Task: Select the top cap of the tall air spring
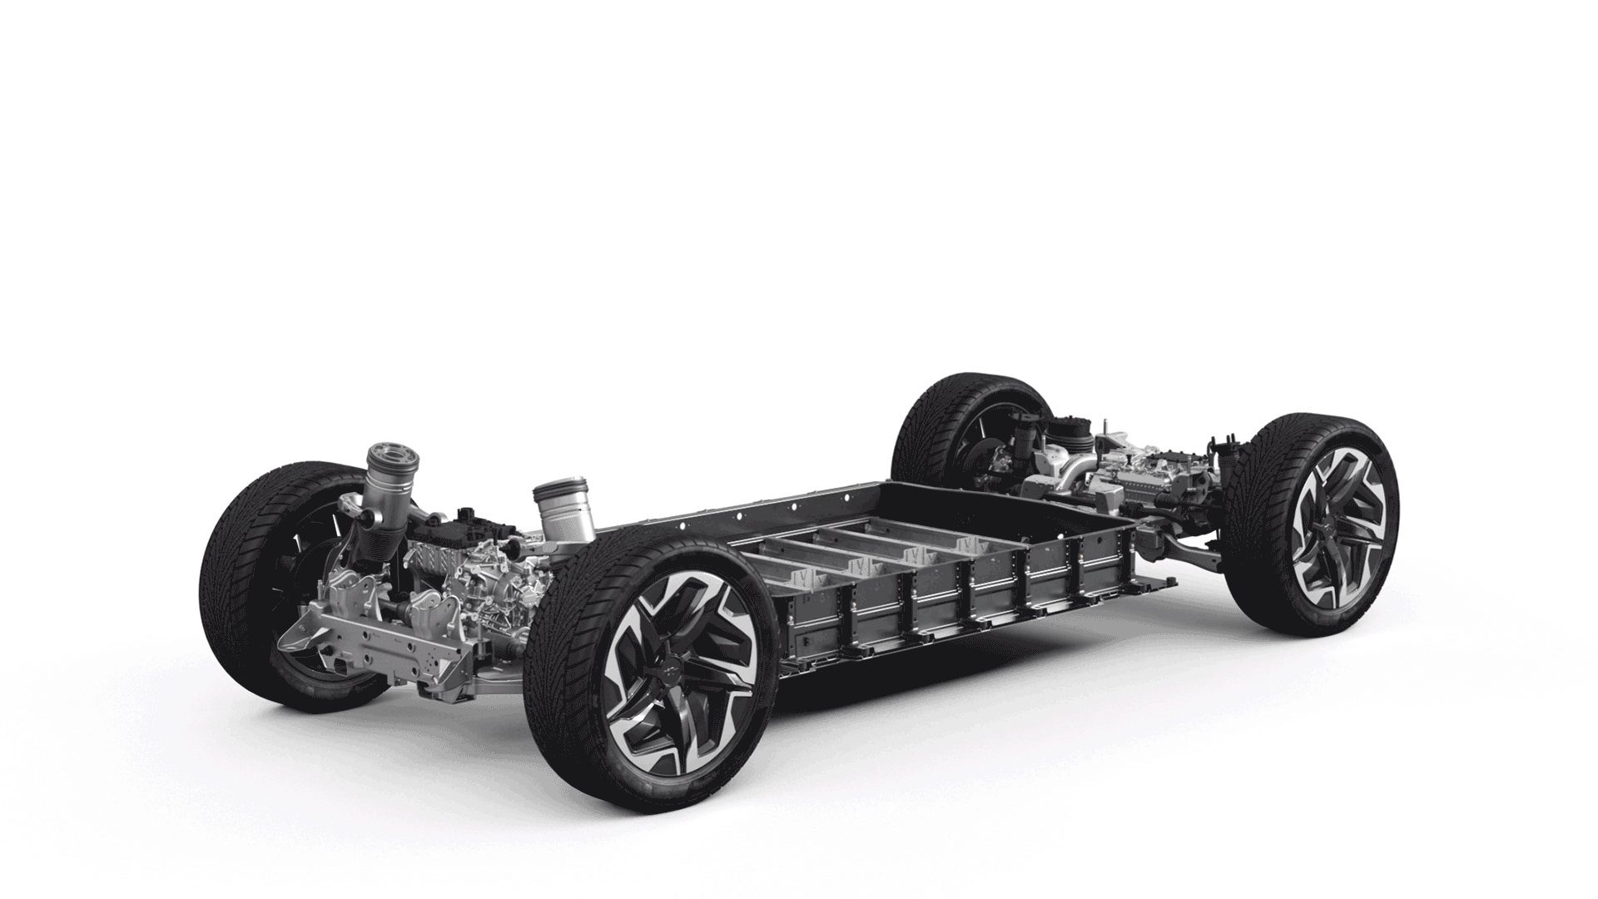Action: (x=391, y=458)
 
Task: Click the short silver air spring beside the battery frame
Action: (x=563, y=508)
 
